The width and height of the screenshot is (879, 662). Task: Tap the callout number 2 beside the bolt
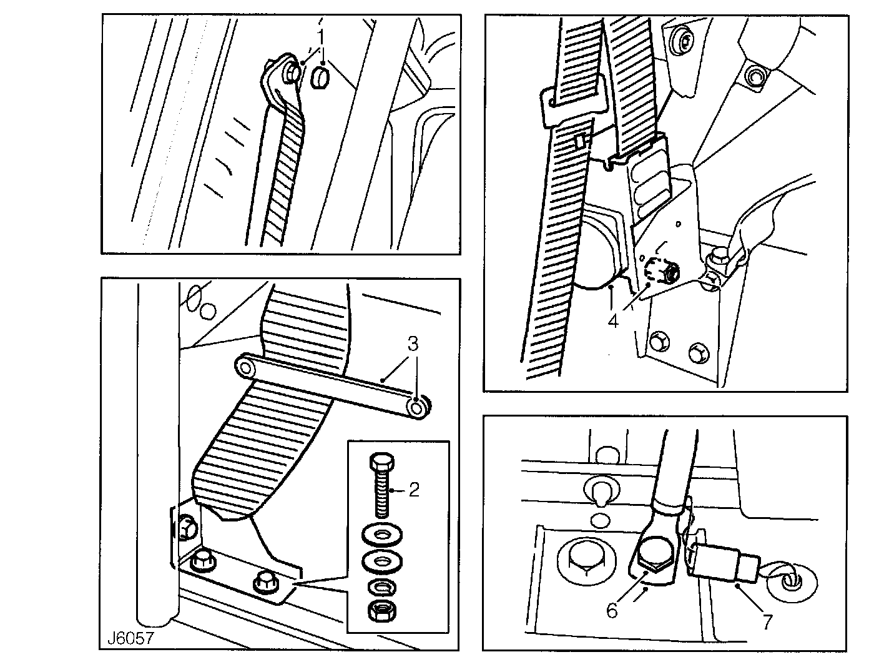pyautogui.click(x=413, y=490)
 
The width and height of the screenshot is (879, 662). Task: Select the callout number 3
pyautogui.click(x=413, y=344)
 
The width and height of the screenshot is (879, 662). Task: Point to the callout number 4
pyautogui.click(x=614, y=321)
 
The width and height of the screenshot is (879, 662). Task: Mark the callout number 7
pyautogui.click(x=767, y=621)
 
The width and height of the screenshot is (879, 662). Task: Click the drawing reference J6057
pyautogui.click(x=130, y=639)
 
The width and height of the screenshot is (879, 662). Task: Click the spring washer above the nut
pyautogui.click(x=380, y=587)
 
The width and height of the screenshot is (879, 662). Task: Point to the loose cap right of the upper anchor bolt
pyautogui.click(x=320, y=78)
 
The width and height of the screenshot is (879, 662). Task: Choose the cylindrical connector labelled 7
pyautogui.click(x=724, y=560)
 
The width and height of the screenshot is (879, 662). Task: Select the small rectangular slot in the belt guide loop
pyautogui.click(x=579, y=142)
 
